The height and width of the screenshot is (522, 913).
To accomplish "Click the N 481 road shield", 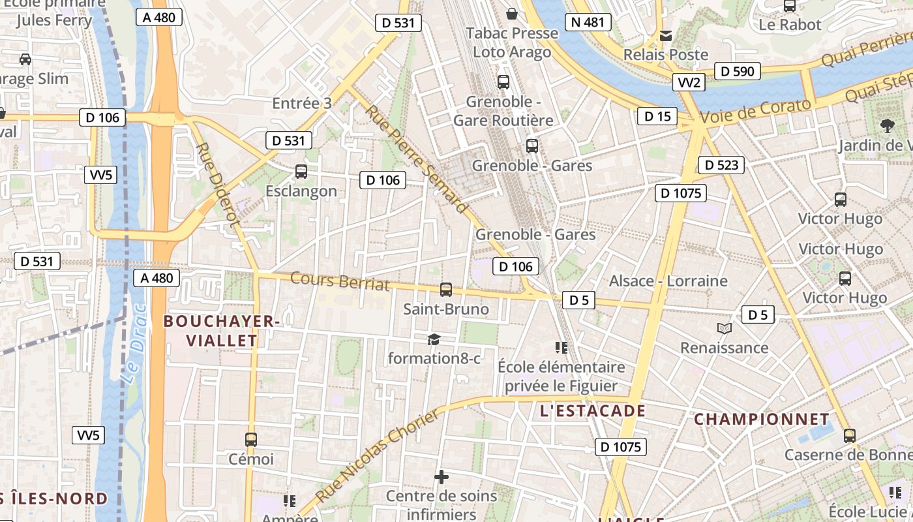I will pyautogui.click(x=588, y=22).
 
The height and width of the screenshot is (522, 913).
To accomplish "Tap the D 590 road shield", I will pyautogui.click(x=738, y=71).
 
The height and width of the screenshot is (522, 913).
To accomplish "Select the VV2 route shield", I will pyautogui.click(x=689, y=82).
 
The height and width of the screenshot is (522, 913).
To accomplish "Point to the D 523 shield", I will pyautogui.click(x=721, y=165).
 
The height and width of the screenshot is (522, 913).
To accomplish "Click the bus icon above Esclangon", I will pyautogui.click(x=301, y=172).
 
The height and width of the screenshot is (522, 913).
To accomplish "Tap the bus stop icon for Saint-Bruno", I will pyautogui.click(x=446, y=289).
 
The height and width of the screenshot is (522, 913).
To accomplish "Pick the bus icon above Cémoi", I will pyautogui.click(x=251, y=439).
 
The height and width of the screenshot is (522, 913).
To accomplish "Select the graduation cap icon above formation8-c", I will pyautogui.click(x=434, y=339).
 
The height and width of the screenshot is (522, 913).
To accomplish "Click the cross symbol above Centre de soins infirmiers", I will pyautogui.click(x=442, y=477).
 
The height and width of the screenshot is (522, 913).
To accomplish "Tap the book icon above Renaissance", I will pyautogui.click(x=724, y=328).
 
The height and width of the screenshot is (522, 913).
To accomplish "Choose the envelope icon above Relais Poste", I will pyautogui.click(x=666, y=35).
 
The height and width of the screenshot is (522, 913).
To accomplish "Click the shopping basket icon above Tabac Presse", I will pyautogui.click(x=512, y=13).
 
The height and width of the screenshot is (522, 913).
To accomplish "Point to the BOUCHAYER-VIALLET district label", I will pyautogui.click(x=222, y=330).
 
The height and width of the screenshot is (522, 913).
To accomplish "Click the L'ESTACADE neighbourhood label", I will pyautogui.click(x=593, y=411).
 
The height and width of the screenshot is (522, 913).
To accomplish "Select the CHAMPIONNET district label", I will pyautogui.click(x=761, y=419).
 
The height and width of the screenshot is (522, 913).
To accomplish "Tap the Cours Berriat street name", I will pyautogui.click(x=340, y=281).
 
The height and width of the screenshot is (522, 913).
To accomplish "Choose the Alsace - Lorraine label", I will pyautogui.click(x=668, y=281).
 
